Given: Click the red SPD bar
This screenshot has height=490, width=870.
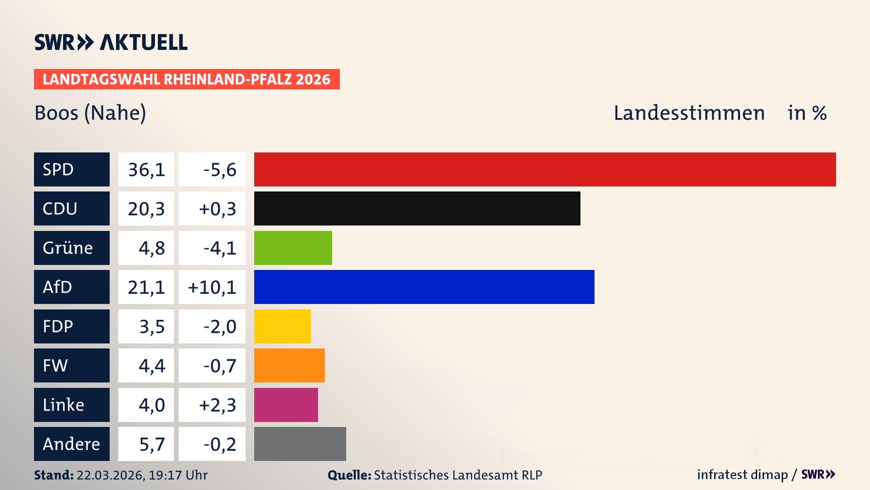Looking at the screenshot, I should point(545,169).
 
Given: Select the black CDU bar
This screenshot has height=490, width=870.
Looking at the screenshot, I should point(417,208).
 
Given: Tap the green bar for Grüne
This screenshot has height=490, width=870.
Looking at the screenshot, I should point(293,248).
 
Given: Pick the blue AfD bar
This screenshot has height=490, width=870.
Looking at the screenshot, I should point(424,287).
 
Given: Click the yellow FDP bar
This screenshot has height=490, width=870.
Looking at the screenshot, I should point(282,326).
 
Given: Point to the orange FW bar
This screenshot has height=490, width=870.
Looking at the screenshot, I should point(289,365).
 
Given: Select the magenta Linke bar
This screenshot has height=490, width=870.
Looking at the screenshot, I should point(286,405).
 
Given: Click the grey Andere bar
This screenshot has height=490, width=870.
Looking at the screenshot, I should point(300,444).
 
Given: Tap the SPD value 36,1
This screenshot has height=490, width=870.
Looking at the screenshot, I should point(146,170).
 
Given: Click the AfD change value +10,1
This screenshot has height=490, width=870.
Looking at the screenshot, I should point(212,287).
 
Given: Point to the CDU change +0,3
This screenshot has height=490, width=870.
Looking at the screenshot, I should point(217,209).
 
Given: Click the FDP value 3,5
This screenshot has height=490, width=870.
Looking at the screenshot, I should point(152,327).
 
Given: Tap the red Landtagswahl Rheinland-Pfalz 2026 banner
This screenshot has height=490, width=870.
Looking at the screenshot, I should point(187,79).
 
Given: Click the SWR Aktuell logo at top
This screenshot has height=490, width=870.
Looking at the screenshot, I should point(111,42).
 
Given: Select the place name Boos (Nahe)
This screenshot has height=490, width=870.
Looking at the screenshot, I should point(90,113).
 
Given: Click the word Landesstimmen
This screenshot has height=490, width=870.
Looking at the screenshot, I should point(689,113).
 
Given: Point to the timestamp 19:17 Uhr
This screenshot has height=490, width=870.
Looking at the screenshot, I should point(178,475).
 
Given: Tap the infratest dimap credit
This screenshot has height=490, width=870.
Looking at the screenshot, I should point(742,475).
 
